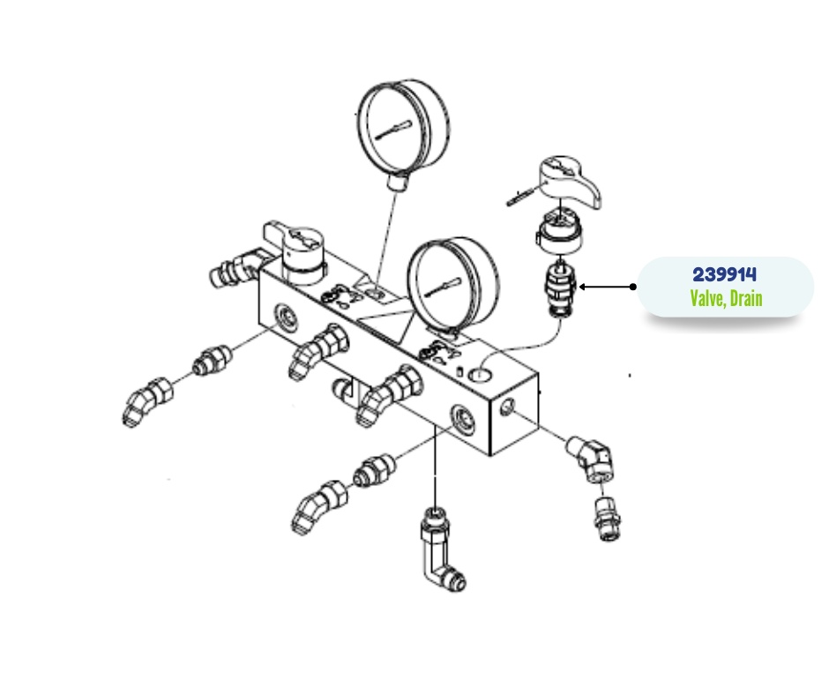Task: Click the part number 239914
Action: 724,274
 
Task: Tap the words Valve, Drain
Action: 726,298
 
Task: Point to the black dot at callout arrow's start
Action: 633,287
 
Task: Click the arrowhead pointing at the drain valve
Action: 582,287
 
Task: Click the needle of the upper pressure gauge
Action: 392,131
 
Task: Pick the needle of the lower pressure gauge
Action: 443,286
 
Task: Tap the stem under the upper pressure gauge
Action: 398,181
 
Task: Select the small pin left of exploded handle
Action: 520,197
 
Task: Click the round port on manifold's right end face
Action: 506,407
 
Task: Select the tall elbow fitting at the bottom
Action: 442,549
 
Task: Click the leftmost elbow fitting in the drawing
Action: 147,402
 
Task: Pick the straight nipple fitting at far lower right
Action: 608,519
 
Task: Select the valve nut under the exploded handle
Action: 560,232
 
